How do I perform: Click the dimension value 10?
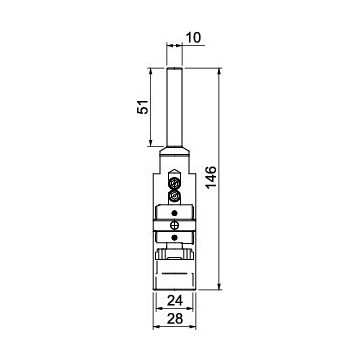coord(194,38)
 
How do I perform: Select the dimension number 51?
coord(143,107)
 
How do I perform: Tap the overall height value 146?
coord(211,177)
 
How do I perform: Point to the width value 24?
coord(175,301)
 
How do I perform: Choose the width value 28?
coord(175,319)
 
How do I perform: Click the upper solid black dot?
coord(174,213)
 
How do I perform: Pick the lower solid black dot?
coord(174,237)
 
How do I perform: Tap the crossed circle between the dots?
coord(174,225)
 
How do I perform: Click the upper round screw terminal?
coord(174,183)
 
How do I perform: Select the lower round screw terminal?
coord(174,195)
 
